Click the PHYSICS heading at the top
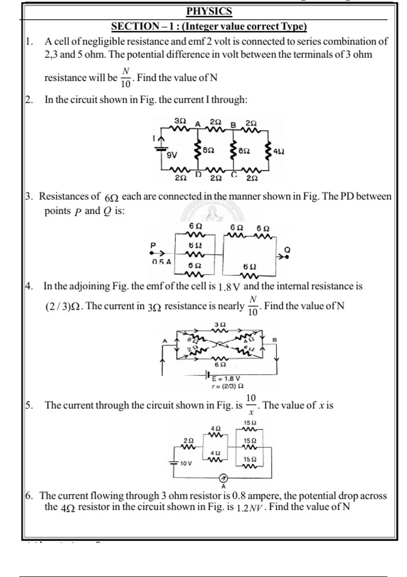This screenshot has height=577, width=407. click(209, 11)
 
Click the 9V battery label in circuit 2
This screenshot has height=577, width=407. click(172, 155)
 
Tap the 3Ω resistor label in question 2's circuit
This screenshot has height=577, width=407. click(180, 121)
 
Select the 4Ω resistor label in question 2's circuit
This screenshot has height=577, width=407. click(279, 151)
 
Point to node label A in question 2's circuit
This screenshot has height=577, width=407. click(198, 124)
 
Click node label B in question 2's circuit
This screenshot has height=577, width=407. click(233, 125)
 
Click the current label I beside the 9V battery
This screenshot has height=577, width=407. click(154, 138)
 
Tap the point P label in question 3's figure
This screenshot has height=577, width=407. click(153, 245)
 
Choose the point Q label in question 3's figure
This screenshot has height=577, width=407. click(287, 250)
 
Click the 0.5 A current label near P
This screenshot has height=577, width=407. click(161, 262)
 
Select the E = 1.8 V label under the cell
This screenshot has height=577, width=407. click(226, 378)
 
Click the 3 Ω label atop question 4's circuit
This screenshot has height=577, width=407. click(220, 324)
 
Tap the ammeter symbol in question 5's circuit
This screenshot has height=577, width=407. click(223, 478)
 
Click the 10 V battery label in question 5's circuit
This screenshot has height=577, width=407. click(186, 463)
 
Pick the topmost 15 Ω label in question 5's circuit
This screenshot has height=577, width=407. click(250, 423)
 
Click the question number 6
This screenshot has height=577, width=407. click(29, 496)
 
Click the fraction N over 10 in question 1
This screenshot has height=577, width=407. click(126, 78)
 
